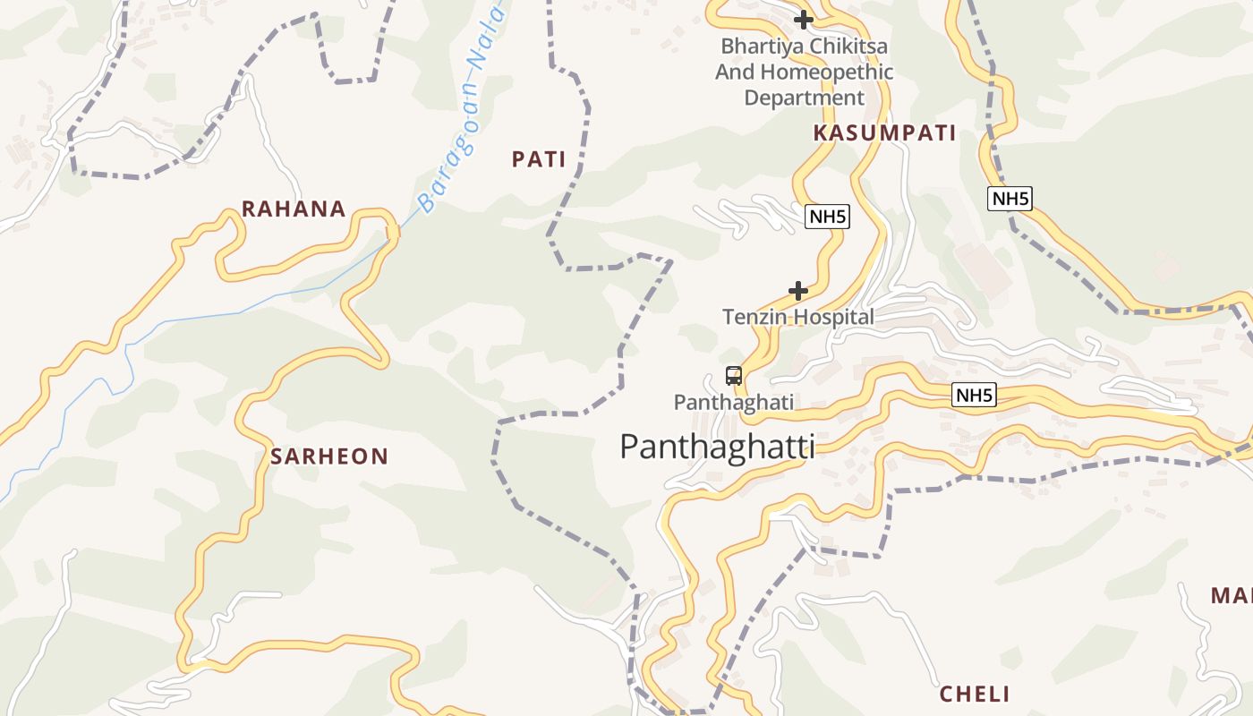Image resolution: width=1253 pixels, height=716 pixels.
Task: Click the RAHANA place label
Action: [x=294, y=209]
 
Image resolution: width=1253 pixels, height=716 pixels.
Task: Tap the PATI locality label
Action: [x=539, y=159]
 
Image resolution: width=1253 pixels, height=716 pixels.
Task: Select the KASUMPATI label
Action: [x=884, y=133]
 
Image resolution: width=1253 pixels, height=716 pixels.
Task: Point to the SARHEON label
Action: [x=329, y=456]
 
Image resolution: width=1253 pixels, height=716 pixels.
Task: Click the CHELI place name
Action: [x=975, y=694]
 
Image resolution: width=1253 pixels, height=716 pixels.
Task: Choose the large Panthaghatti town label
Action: [x=717, y=446]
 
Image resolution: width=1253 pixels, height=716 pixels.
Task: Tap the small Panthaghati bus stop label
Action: [x=733, y=402]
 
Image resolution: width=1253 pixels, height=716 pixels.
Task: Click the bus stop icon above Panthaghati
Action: [x=734, y=376]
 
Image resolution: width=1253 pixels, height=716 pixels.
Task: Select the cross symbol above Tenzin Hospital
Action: [x=798, y=291]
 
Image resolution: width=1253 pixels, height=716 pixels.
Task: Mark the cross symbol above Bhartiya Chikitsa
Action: [x=804, y=19]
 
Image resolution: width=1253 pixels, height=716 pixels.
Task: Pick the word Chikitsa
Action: [x=846, y=46]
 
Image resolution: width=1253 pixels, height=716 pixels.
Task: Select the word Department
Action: [x=804, y=98]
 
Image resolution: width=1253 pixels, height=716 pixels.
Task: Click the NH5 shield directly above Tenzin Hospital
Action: [x=826, y=216]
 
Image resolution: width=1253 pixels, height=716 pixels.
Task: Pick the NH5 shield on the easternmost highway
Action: [x=1010, y=199]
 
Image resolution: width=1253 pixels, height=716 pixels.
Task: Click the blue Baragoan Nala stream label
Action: [x=463, y=107]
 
